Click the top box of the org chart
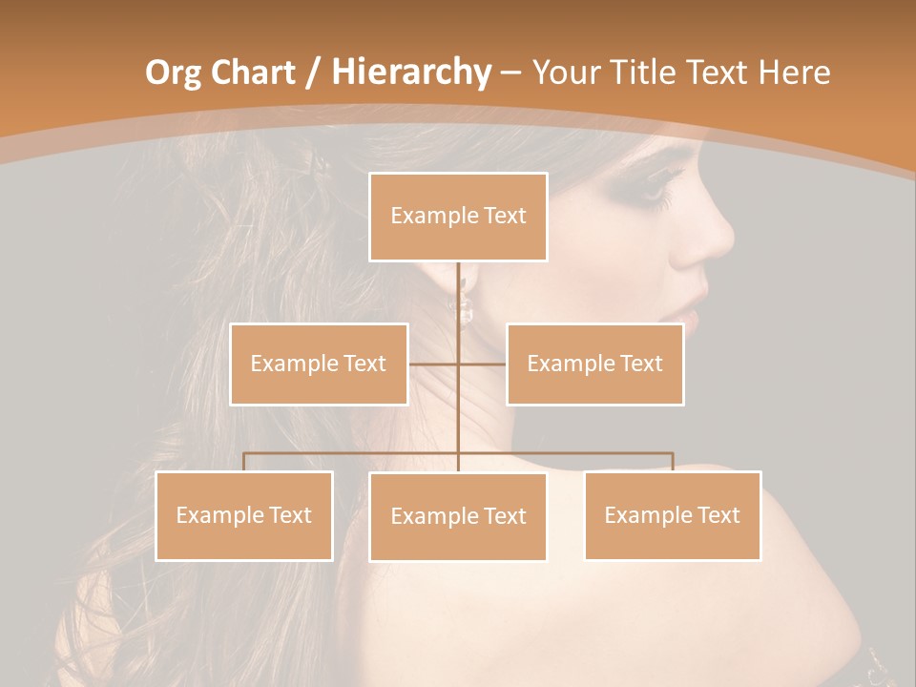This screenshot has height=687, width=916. [x=458, y=217]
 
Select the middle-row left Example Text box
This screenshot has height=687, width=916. [x=319, y=364]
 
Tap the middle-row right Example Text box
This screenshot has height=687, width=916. [x=594, y=364]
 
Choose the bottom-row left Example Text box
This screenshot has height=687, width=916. [x=243, y=515]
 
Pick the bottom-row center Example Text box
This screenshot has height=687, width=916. [x=458, y=516]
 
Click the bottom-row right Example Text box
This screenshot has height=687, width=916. [x=672, y=515]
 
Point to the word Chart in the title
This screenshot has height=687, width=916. [x=253, y=73]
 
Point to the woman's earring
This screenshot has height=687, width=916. [x=466, y=307]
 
